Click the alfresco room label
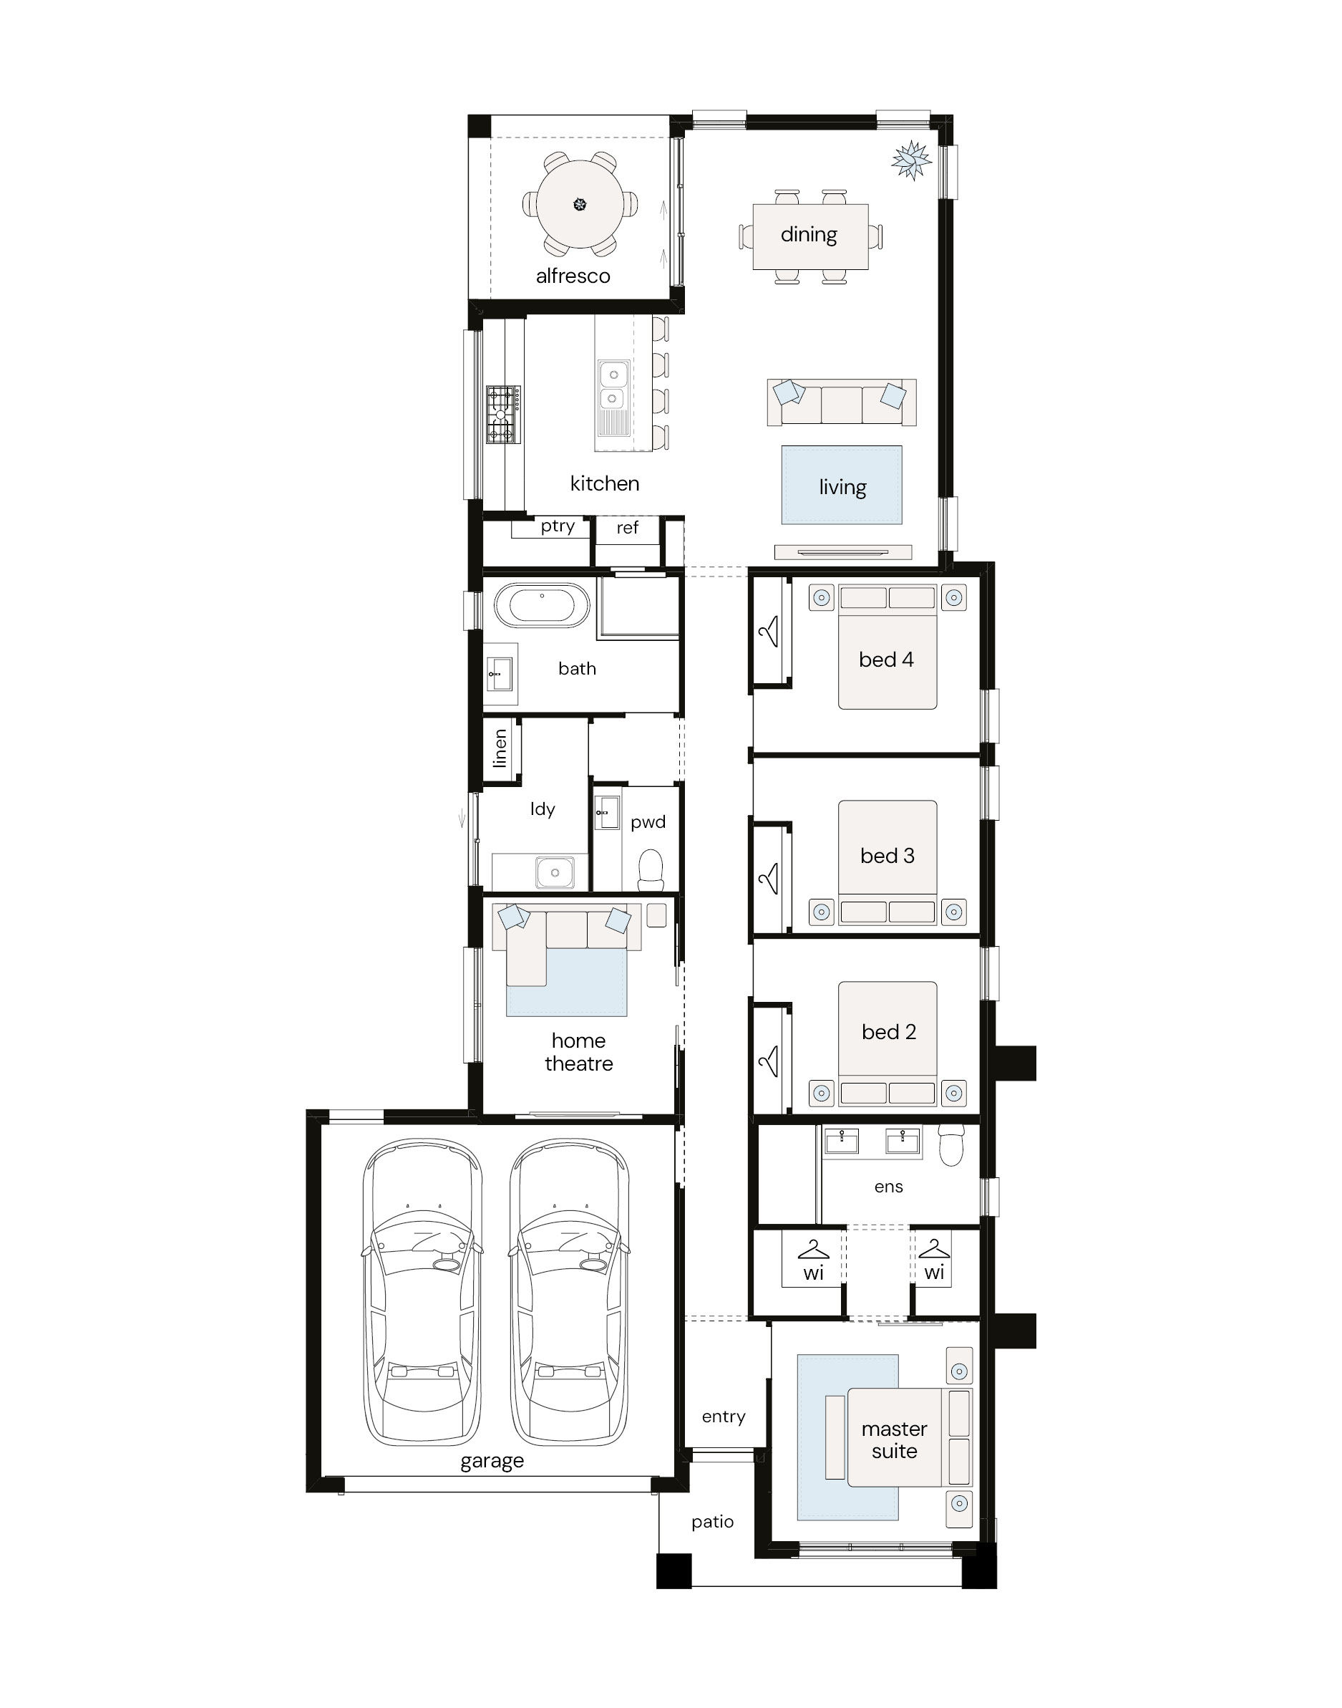click(x=573, y=276)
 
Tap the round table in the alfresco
click(x=580, y=204)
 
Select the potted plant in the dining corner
click(x=911, y=160)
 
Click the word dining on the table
click(x=809, y=235)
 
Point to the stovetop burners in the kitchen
click(x=503, y=414)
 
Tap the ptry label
click(x=557, y=526)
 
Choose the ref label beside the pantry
click(x=627, y=527)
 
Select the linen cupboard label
click(x=500, y=748)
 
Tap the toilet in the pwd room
click(x=651, y=869)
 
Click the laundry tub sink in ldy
click(x=555, y=872)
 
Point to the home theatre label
click(x=579, y=1052)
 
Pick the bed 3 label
click(x=887, y=855)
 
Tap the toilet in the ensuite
click(x=951, y=1144)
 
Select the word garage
click(x=492, y=1461)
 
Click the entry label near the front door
click(x=723, y=1417)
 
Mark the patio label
click(x=713, y=1523)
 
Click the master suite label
click(x=894, y=1440)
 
